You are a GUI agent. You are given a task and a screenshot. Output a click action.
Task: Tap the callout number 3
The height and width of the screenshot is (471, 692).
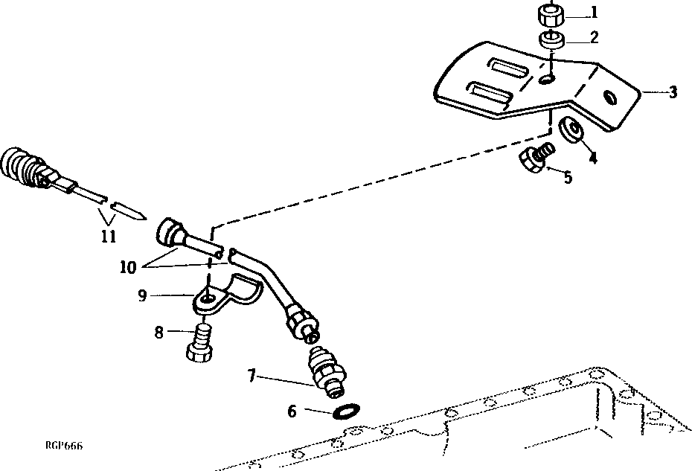click(673, 93)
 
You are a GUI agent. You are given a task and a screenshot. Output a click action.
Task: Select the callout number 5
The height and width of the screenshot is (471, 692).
click(568, 179)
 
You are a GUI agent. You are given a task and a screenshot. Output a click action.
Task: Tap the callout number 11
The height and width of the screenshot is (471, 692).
click(109, 237)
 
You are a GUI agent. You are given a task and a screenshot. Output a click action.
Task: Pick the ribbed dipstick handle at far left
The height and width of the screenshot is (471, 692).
click(22, 170)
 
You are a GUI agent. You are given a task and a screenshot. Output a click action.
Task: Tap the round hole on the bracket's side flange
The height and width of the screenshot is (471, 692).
click(610, 97)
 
